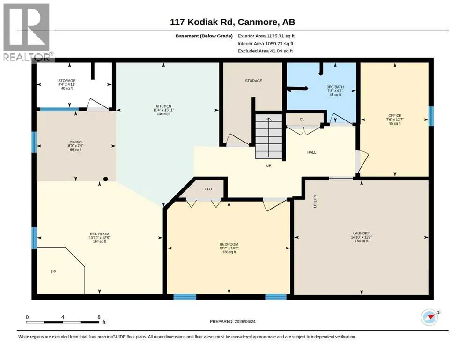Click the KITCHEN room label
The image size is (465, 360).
click(x=163, y=106)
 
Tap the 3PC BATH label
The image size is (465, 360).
click(x=335, y=87)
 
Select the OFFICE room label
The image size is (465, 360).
click(x=395, y=116)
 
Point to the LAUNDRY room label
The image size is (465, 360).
click(x=361, y=233)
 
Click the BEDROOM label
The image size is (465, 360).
click(x=229, y=244)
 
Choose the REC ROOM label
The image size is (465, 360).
click(x=100, y=234)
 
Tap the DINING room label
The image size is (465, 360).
click(x=75, y=142)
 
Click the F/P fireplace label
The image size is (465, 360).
click(x=53, y=272)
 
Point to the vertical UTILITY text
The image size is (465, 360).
click(x=315, y=201)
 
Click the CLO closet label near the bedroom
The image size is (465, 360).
click(x=208, y=189)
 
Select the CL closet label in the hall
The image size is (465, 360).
click(x=302, y=120)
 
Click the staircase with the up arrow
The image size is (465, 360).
click(x=269, y=136)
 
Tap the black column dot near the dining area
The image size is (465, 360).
click(x=105, y=179)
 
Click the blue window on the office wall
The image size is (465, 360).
click(x=431, y=116)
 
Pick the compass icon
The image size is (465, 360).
click(x=429, y=317)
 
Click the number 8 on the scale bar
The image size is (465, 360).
click(x=99, y=317)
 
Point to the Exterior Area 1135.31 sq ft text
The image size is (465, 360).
click(x=266, y=36)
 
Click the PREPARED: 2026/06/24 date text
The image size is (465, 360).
click(x=232, y=321)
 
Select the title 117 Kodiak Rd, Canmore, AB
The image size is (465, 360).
click(x=232, y=22)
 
